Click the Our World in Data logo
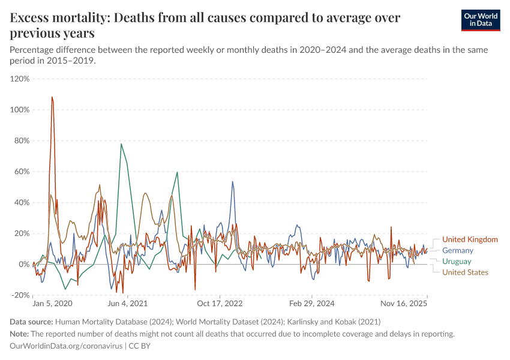click(478, 20)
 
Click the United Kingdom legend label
click(469, 239)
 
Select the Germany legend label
click(457, 250)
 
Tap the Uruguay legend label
click(457, 262)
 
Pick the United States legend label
click(465, 272)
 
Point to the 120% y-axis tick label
click(20, 79)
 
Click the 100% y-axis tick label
click(20, 110)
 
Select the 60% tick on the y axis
click(22, 172)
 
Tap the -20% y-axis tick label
click(20, 295)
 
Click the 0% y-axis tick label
click(24, 264)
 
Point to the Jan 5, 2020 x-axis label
click(52, 304)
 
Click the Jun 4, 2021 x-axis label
click(127, 304)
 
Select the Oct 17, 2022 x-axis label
click(221, 304)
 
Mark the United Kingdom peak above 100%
click(52, 97)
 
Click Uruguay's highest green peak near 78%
click(121, 144)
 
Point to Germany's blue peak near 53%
click(233, 182)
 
